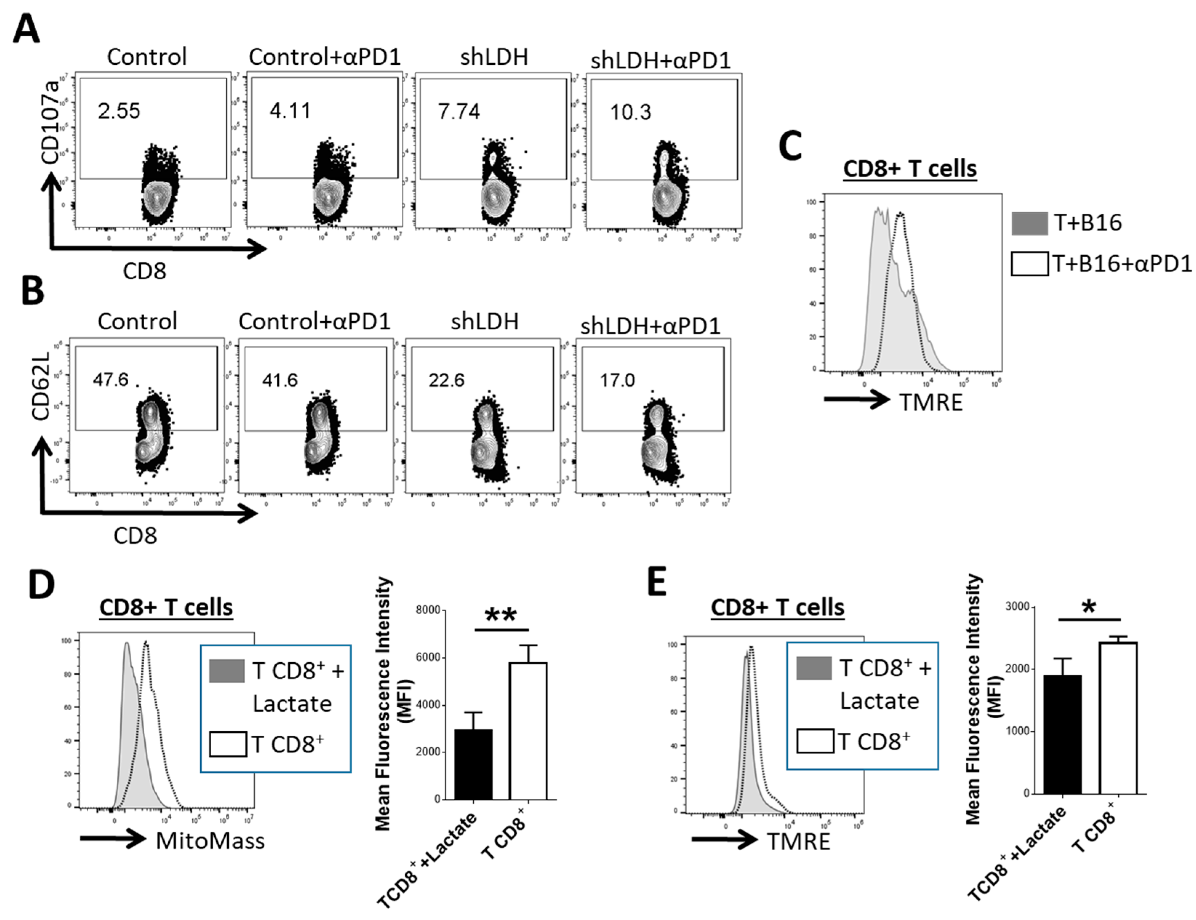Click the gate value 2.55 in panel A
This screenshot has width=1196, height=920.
tap(119, 111)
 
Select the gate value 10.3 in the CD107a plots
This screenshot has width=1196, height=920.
tap(631, 112)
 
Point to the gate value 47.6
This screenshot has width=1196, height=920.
tap(111, 379)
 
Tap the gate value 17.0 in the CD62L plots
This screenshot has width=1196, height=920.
tap(617, 379)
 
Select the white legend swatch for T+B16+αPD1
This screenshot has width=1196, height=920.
tap(1030, 264)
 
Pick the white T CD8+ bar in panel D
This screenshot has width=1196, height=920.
tap(528, 731)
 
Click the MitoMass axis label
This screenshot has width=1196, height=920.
tap(210, 841)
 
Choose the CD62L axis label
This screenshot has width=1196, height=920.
tap(41, 386)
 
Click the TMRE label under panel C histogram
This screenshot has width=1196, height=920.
tap(931, 402)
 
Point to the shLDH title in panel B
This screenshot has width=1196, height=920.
tap(485, 321)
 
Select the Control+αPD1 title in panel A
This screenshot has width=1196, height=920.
tap(325, 57)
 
